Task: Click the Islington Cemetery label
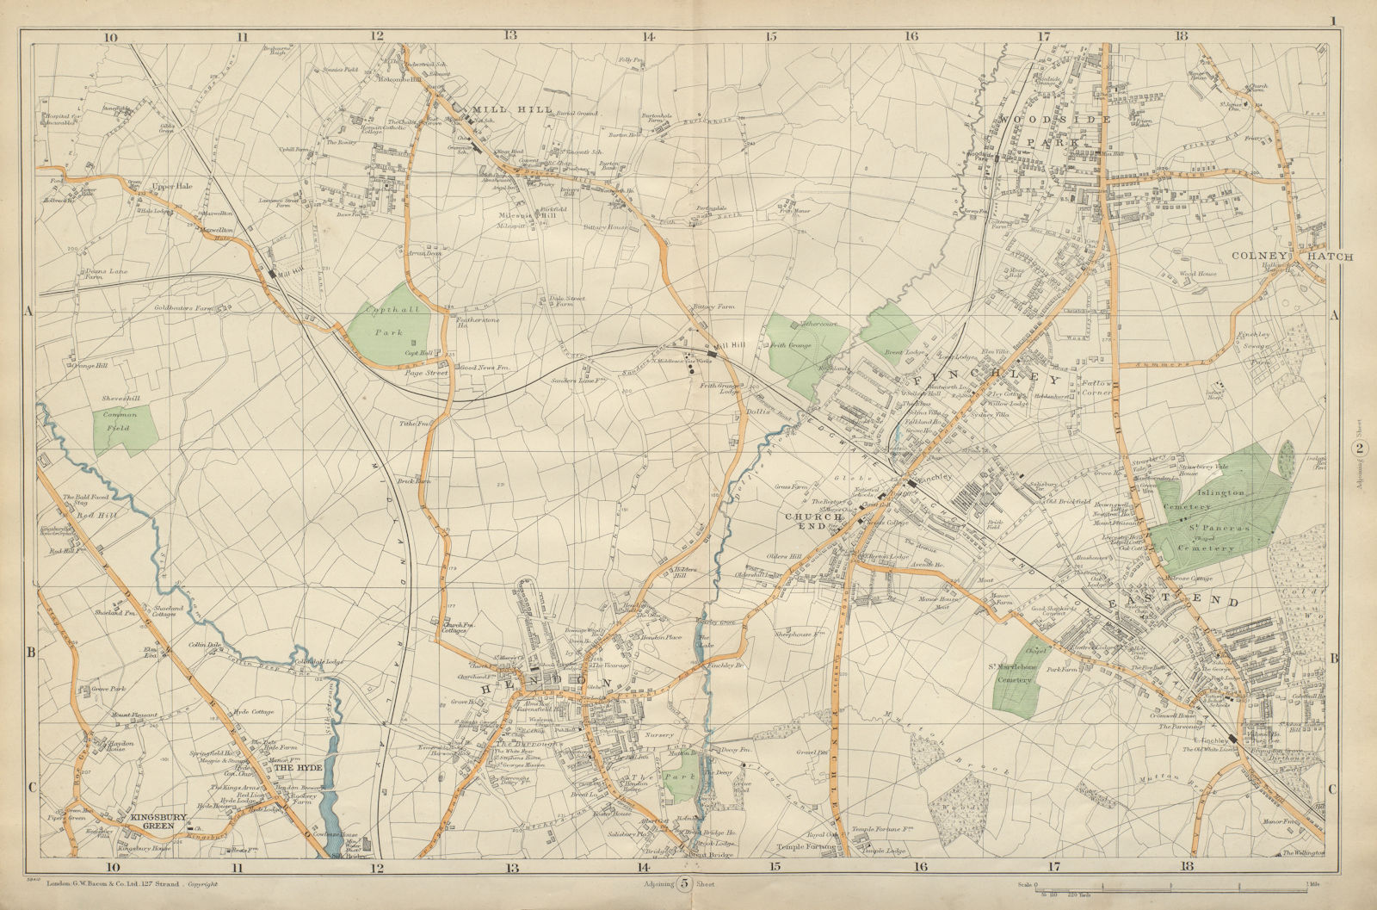1220,492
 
